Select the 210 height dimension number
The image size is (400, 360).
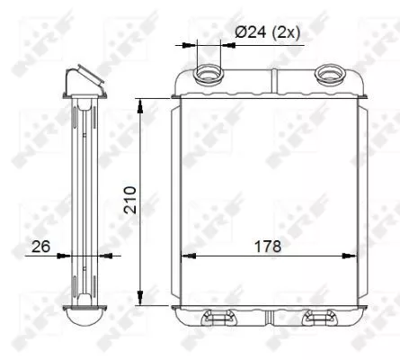point(130,199)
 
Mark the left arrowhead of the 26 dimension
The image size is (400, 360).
point(65,256)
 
